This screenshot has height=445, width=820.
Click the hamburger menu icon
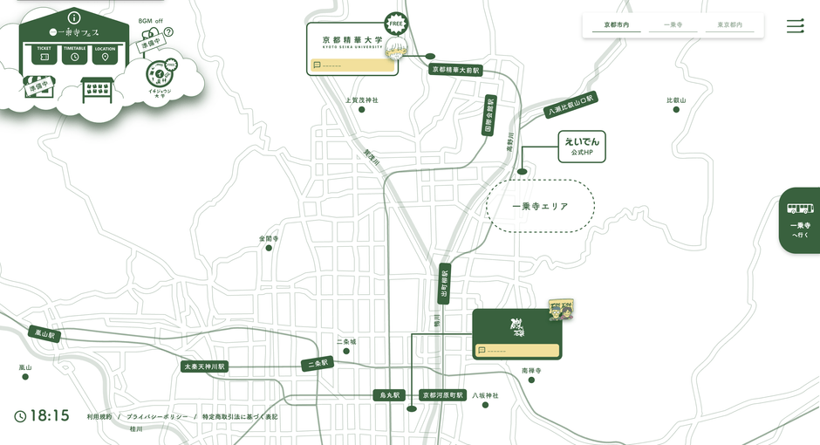[795, 26]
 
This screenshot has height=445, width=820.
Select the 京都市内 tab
[617, 25]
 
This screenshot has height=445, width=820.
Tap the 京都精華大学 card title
[352, 41]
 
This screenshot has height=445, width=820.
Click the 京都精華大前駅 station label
[455, 69]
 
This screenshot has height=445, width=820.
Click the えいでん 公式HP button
[582, 146]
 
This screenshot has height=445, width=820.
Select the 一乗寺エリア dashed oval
[540, 207]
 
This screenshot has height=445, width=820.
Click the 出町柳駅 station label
[444, 283]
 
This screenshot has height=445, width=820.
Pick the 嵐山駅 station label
[44, 333]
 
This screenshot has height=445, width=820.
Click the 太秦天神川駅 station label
[205, 366]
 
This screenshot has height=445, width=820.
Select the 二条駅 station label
[318, 362]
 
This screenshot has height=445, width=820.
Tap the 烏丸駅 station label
[389, 395]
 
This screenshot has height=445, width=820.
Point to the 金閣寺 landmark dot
[269, 248]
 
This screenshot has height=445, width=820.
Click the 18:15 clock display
[42, 416]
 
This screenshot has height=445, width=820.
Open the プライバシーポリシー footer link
[157, 417]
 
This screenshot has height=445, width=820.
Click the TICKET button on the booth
[44, 54]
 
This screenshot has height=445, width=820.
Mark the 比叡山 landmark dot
[676, 109]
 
